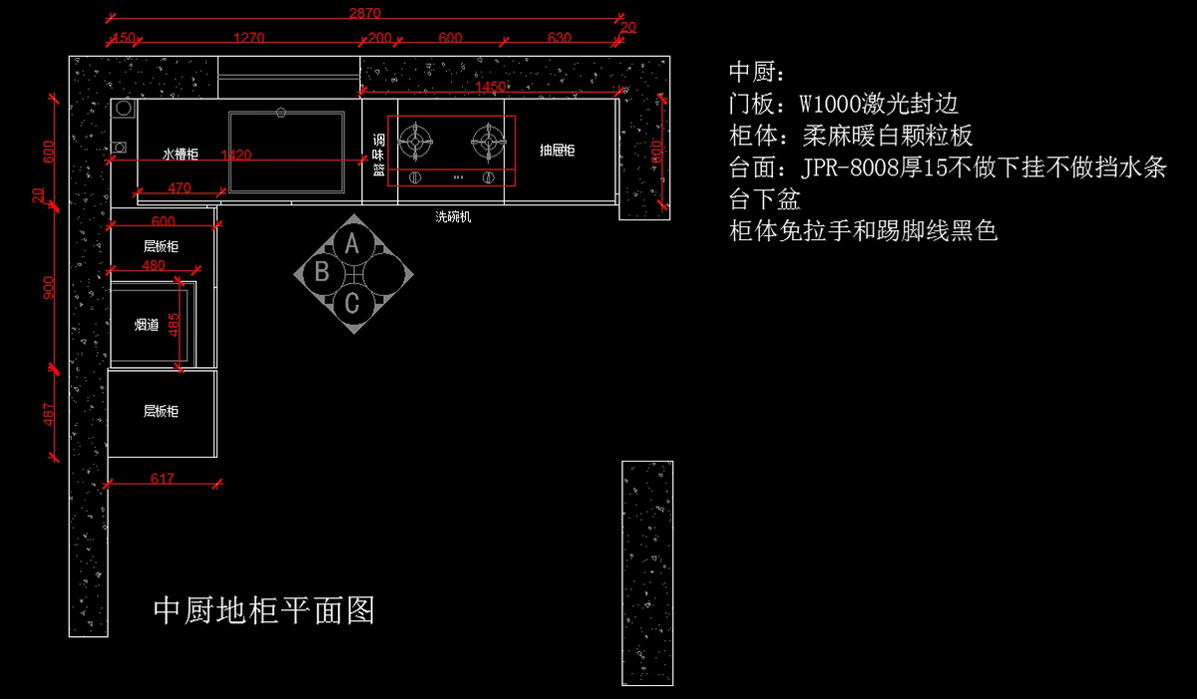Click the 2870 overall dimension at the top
click(365, 13)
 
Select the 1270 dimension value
click(248, 38)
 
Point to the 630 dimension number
click(560, 38)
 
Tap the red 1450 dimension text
click(491, 88)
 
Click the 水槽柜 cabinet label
click(181, 155)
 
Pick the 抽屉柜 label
click(558, 151)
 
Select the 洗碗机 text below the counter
click(453, 216)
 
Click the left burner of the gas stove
click(415, 142)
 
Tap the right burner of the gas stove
click(488, 142)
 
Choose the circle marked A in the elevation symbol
click(351, 242)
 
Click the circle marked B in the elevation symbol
click(322, 271)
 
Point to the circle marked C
click(352, 302)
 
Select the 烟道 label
click(147, 325)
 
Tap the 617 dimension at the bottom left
click(162, 479)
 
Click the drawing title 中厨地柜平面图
click(263, 610)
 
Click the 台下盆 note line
click(765, 198)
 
